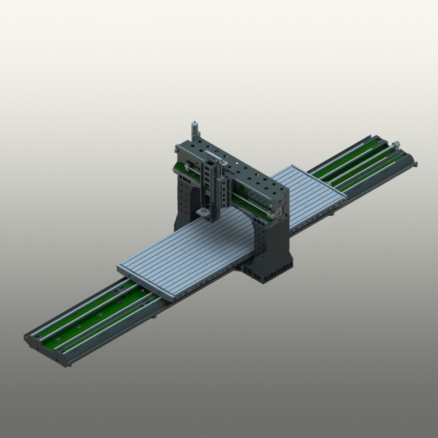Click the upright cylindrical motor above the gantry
194,131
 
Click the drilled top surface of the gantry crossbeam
241,167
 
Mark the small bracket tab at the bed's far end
416,163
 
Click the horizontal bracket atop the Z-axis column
216,162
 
